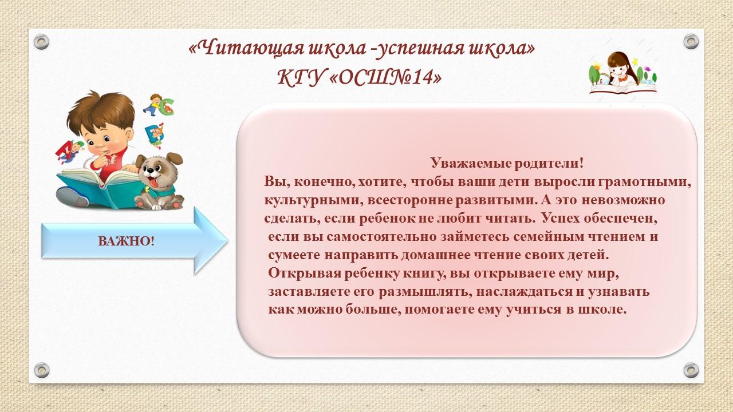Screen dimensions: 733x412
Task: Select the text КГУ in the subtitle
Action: (x=301, y=78)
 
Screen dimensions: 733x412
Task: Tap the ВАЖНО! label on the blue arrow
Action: (x=127, y=241)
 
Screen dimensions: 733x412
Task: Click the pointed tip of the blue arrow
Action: (x=228, y=241)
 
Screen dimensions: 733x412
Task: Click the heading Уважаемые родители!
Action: (x=507, y=163)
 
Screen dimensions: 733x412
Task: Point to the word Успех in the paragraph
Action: (x=560, y=219)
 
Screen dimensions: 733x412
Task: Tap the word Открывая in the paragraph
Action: (x=305, y=273)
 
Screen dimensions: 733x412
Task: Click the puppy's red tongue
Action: (x=153, y=181)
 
